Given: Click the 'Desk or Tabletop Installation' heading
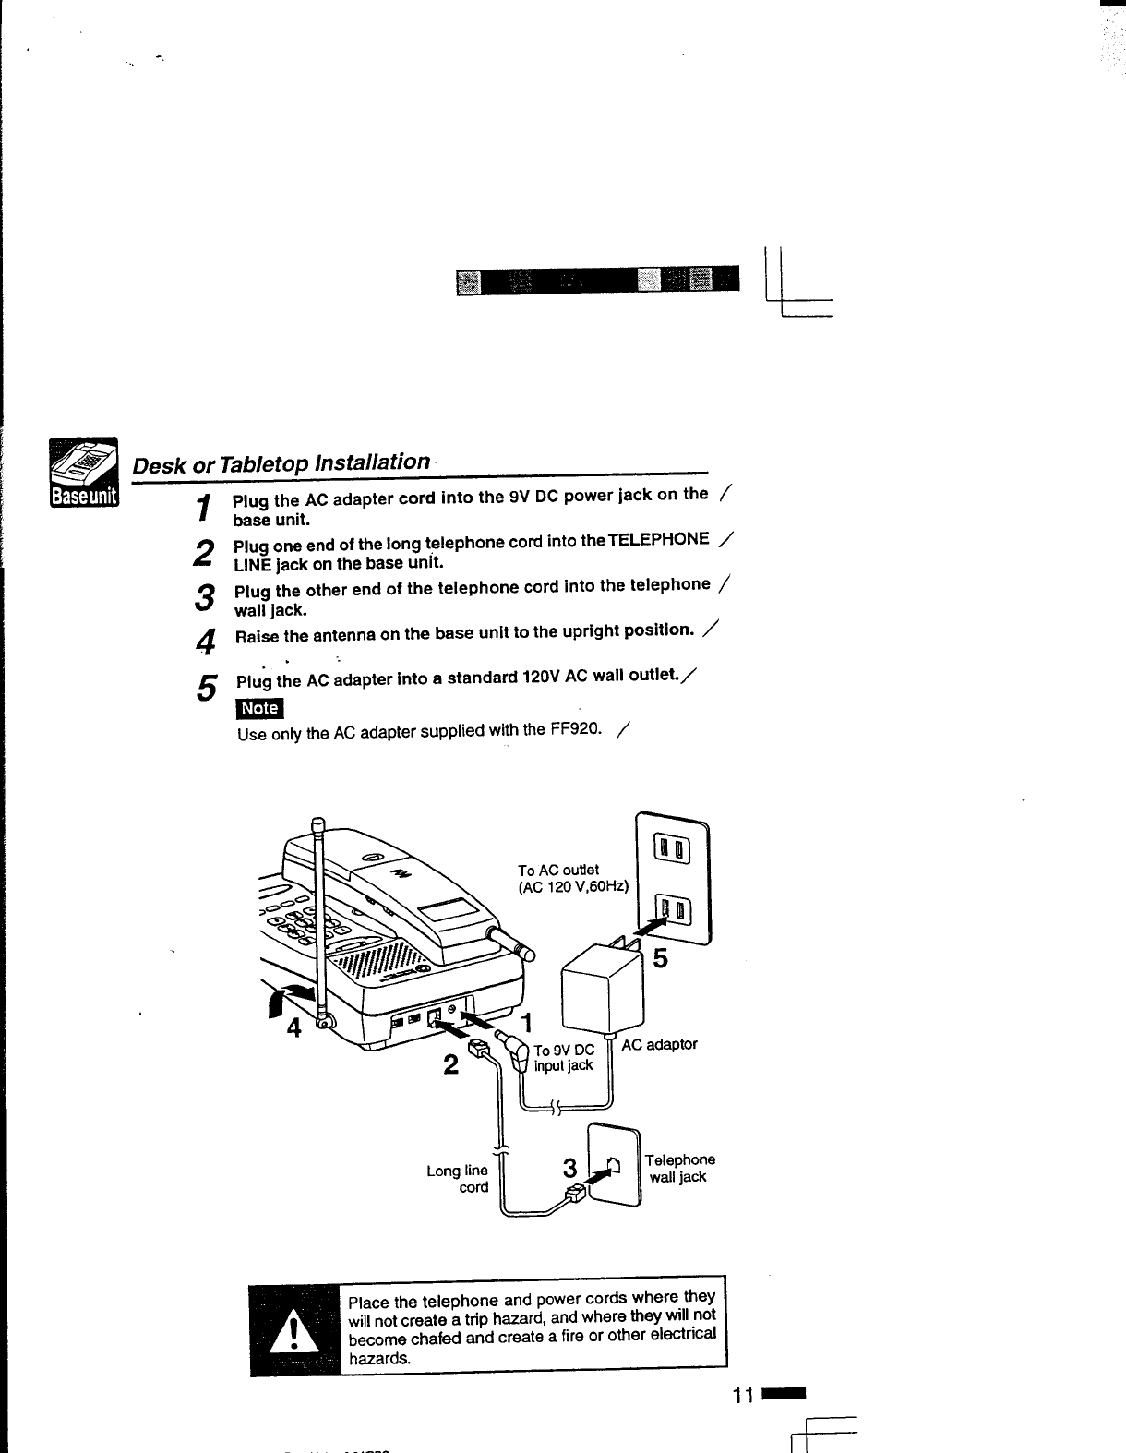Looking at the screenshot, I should (281, 462).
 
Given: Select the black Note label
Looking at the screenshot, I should (259, 708).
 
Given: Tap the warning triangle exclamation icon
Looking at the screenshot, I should (294, 1332).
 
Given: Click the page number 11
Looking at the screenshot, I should (744, 1395).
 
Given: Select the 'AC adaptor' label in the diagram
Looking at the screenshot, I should (659, 1044).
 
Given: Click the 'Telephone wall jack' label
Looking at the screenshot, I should (679, 1168).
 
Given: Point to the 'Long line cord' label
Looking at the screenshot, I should (458, 1179).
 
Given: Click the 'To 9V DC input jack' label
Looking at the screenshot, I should (564, 1058).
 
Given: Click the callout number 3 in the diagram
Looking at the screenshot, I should (569, 1169).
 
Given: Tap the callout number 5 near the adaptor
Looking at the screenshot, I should (659, 959).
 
